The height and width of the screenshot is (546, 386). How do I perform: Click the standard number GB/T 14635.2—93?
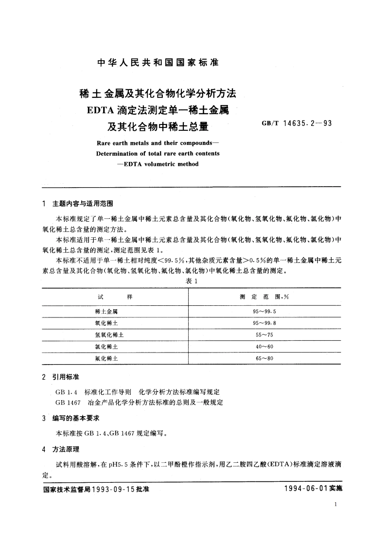point(297,123)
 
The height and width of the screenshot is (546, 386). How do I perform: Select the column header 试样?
point(115,297)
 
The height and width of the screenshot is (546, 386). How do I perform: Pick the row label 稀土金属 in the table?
point(110,311)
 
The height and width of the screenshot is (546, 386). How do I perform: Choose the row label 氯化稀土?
point(110,347)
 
